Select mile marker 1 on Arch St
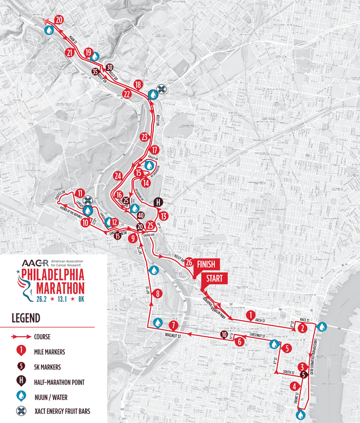pyautogui.click(x=250, y=315)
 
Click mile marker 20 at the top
pyautogui.click(x=59, y=20)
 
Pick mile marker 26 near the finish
pyautogui.click(x=189, y=262)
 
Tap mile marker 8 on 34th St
pyautogui.click(x=158, y=293)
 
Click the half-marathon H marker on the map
pyautogui.click(x=158, y=201)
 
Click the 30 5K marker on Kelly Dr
pyautogui.click(x=109, y=67)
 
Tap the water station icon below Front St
pyautogui.click(x=300, y=414)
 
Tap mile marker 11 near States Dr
pyautogui.click(x=79, y=194)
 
